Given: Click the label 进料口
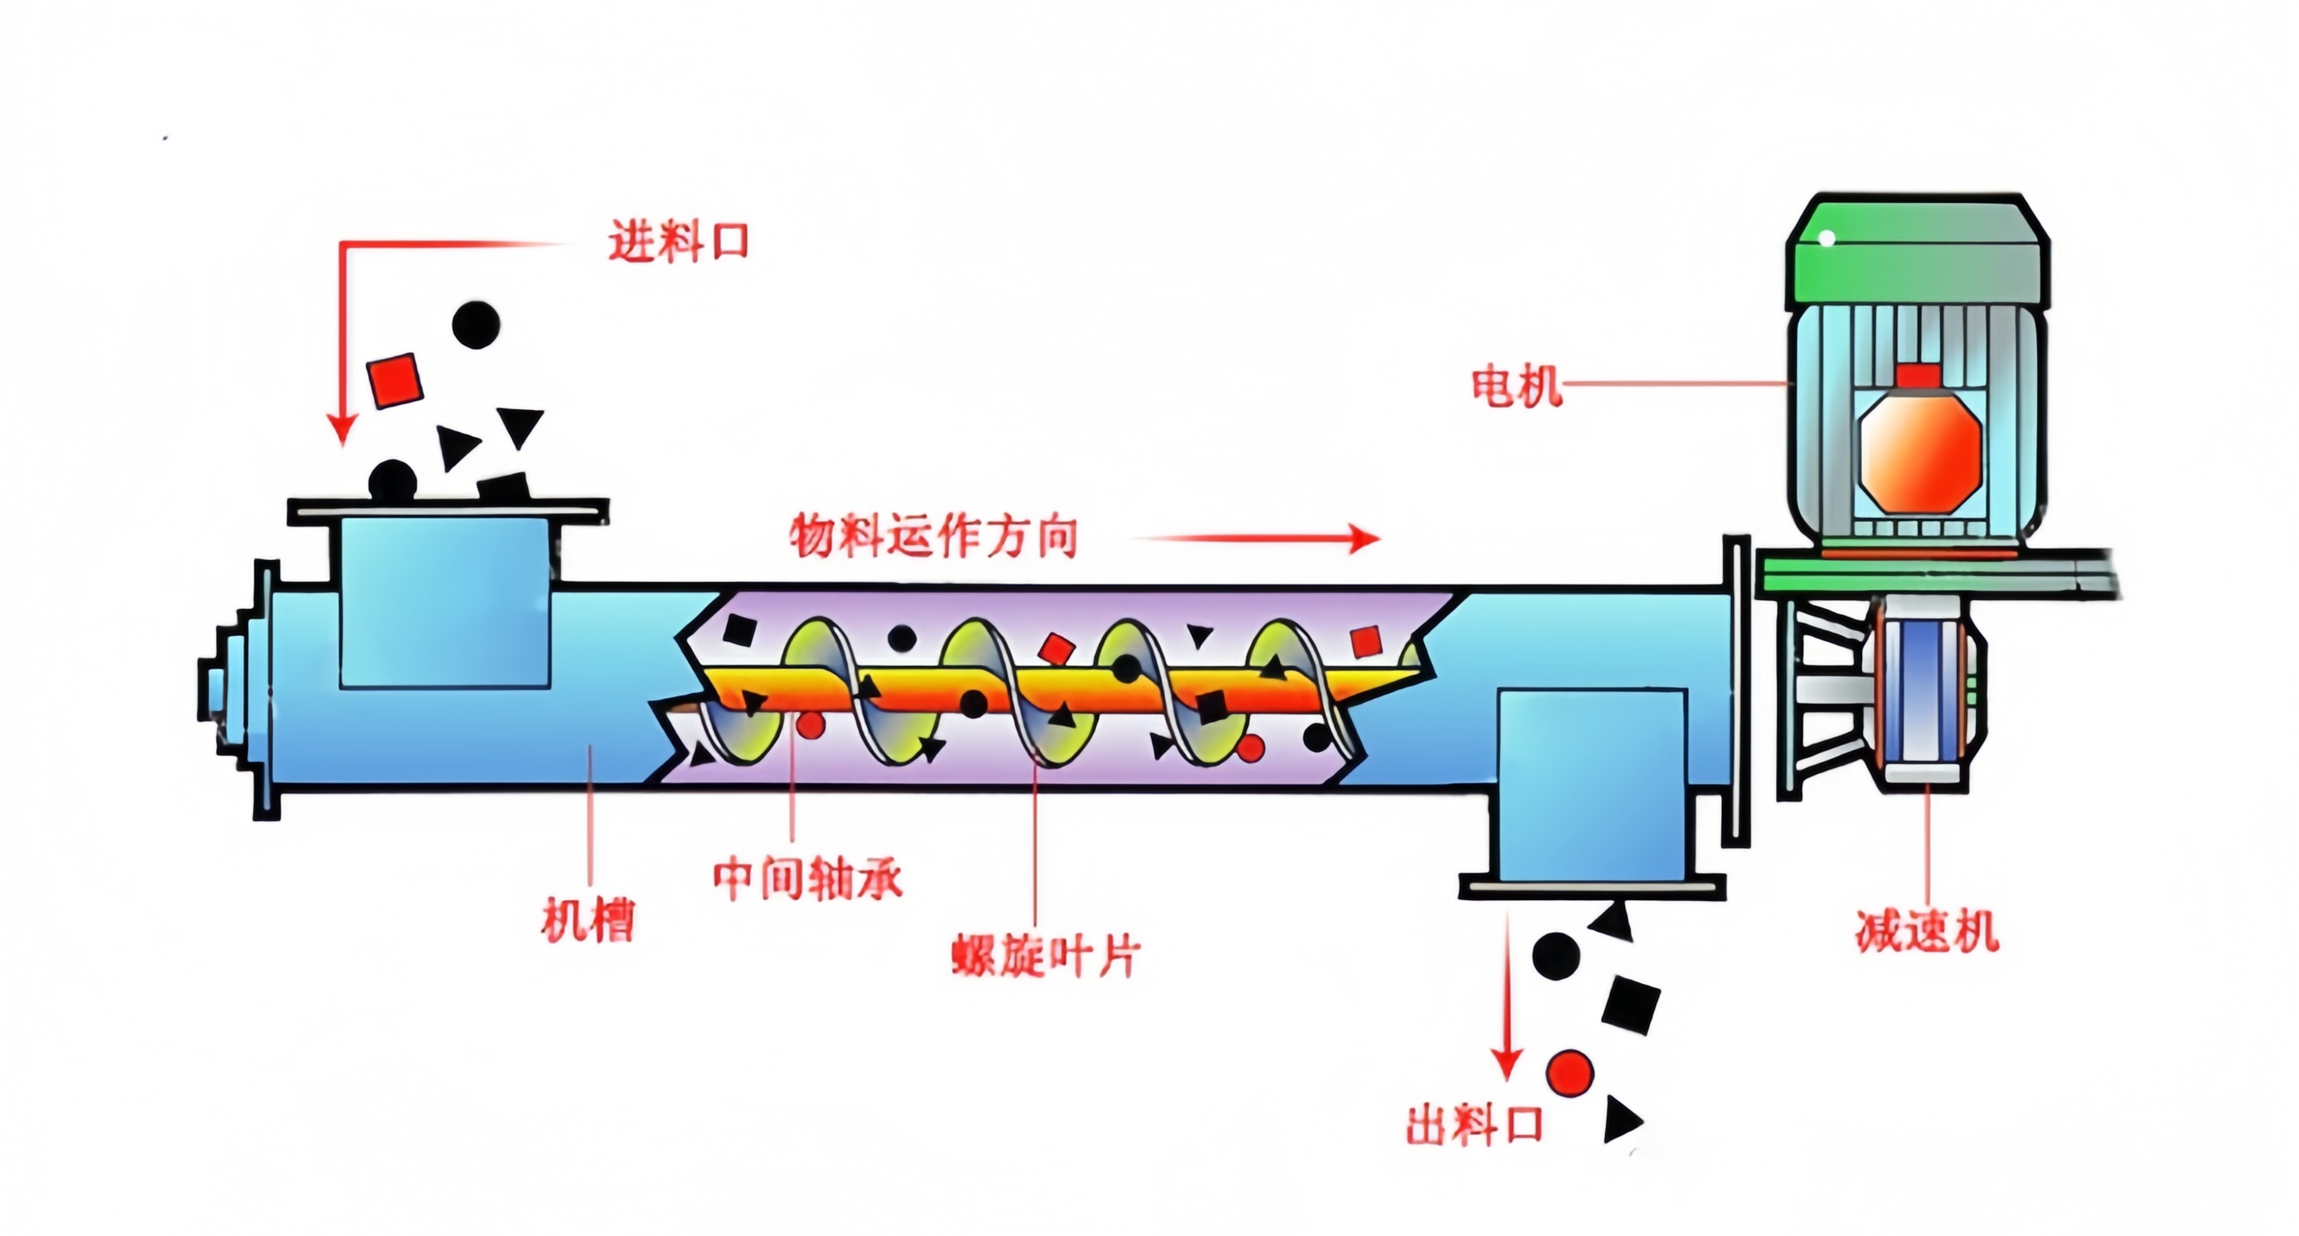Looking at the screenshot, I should click(678, 241).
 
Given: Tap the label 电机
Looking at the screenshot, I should click(1516, 386).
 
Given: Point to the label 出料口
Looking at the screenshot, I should click(1474, 1124).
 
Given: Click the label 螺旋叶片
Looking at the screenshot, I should click(1045, 956).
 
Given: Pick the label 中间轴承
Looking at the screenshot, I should click(808, 878).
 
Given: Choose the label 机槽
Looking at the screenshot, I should click(588, 920).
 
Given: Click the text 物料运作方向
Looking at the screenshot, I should click(933, 536).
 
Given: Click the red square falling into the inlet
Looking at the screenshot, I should click(395, 380).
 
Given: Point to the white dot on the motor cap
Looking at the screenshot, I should click(1827, 238).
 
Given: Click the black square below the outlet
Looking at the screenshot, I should click(1630, 1004).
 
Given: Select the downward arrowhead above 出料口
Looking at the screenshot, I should click(1507, 1064).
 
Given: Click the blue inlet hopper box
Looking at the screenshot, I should click(444, 603).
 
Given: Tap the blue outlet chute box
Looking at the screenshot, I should click(1591, 784).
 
